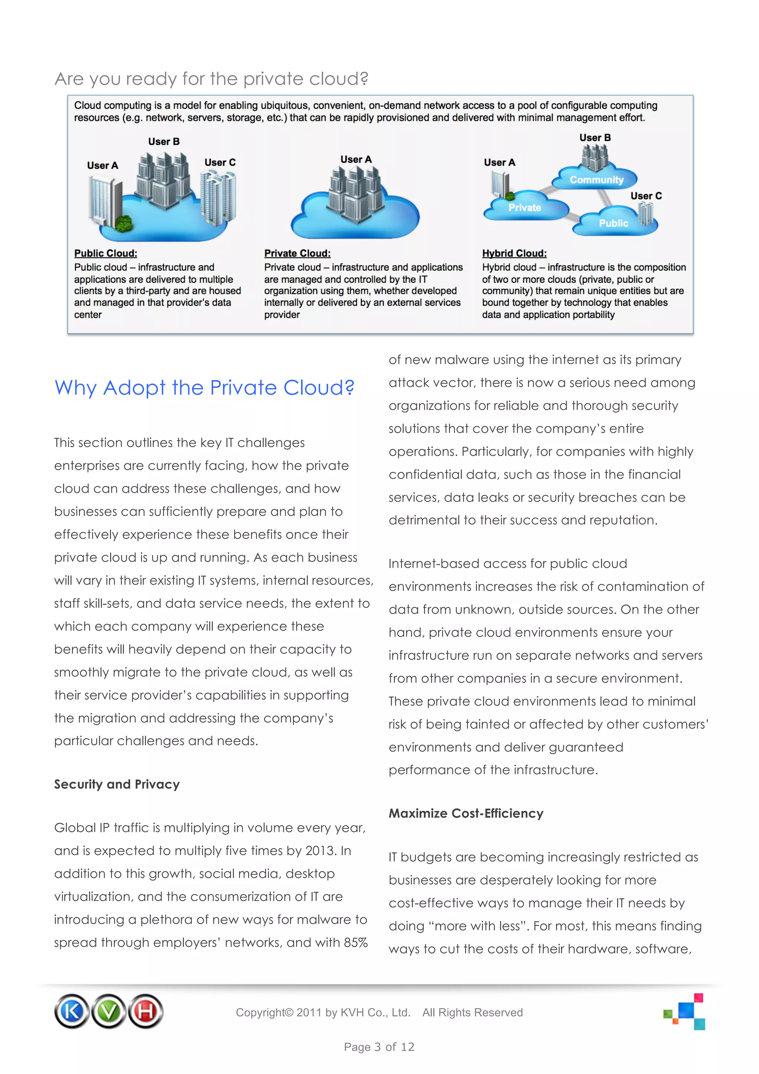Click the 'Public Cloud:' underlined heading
(x=106, y=253)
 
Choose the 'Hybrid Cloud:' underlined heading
(x=514, y=253)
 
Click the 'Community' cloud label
(x=596, y=180)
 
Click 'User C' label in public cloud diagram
(x=220, y=162)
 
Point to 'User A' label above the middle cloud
(x=356, y=159)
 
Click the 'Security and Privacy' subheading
(x=117, y=785)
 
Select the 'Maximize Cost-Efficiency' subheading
(x=466, y=813)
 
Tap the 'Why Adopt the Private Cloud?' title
(x=204, y=388)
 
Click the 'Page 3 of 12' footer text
(x=379, y=1047)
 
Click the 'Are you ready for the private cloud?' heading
(x=211, y=79)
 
